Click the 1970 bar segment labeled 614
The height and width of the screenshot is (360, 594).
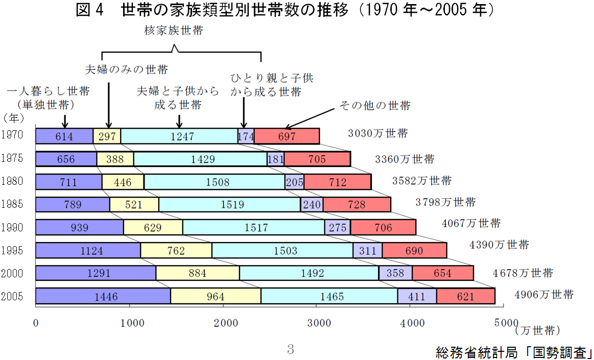[64, 136]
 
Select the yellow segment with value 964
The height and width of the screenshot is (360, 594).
[216, 296]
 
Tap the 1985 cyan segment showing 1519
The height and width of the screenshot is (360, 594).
[229, 205]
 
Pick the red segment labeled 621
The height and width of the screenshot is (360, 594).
[465, 296]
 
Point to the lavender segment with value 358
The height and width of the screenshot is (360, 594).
[395, 273]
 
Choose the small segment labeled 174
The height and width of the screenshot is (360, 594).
[246, 136]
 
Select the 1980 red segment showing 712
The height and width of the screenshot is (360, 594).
[338, 182]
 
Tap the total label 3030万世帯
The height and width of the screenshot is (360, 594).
[378, 134]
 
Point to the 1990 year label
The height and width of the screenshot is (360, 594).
[12, 227]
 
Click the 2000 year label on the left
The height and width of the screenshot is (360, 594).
[12, 273]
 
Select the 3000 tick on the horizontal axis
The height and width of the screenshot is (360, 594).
[318, 323]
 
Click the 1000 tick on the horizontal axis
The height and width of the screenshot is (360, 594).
[130, 323]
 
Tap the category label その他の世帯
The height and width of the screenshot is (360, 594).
[375, 106]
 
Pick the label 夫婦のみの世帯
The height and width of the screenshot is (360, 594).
[126, 69]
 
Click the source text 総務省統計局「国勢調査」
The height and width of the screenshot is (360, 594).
[514, 352]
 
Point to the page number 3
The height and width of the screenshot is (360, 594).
[291, 349]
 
